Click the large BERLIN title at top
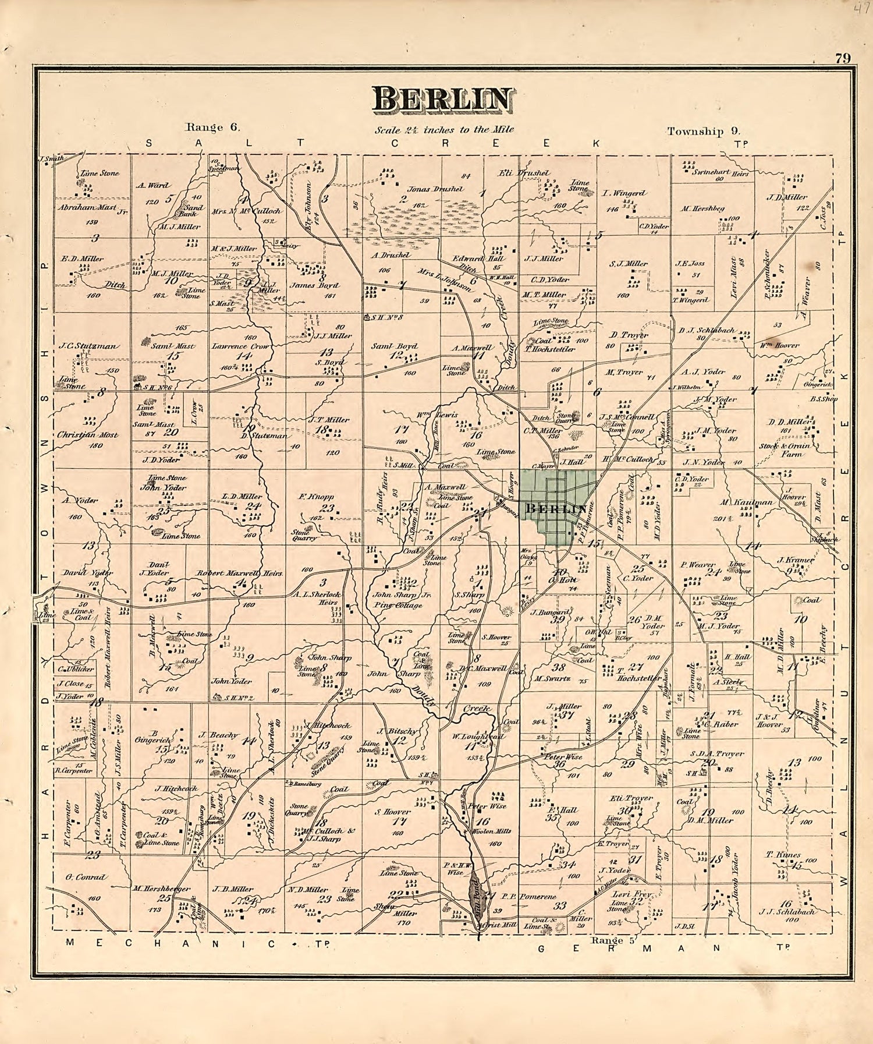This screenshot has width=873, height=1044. pyautogui.click(x=443, y=99)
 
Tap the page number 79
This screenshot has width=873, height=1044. pyautogui.click(x=843, y=58)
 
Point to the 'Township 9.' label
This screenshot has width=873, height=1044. pyautogui.click(x=703, y=131)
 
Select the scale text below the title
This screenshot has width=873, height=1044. pyautogui.click(x=444, y=130)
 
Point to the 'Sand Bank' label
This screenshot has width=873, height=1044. pyautogui.click(x=194, y=210)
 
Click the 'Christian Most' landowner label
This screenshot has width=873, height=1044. pyautogui.click(x=88, y=435)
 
